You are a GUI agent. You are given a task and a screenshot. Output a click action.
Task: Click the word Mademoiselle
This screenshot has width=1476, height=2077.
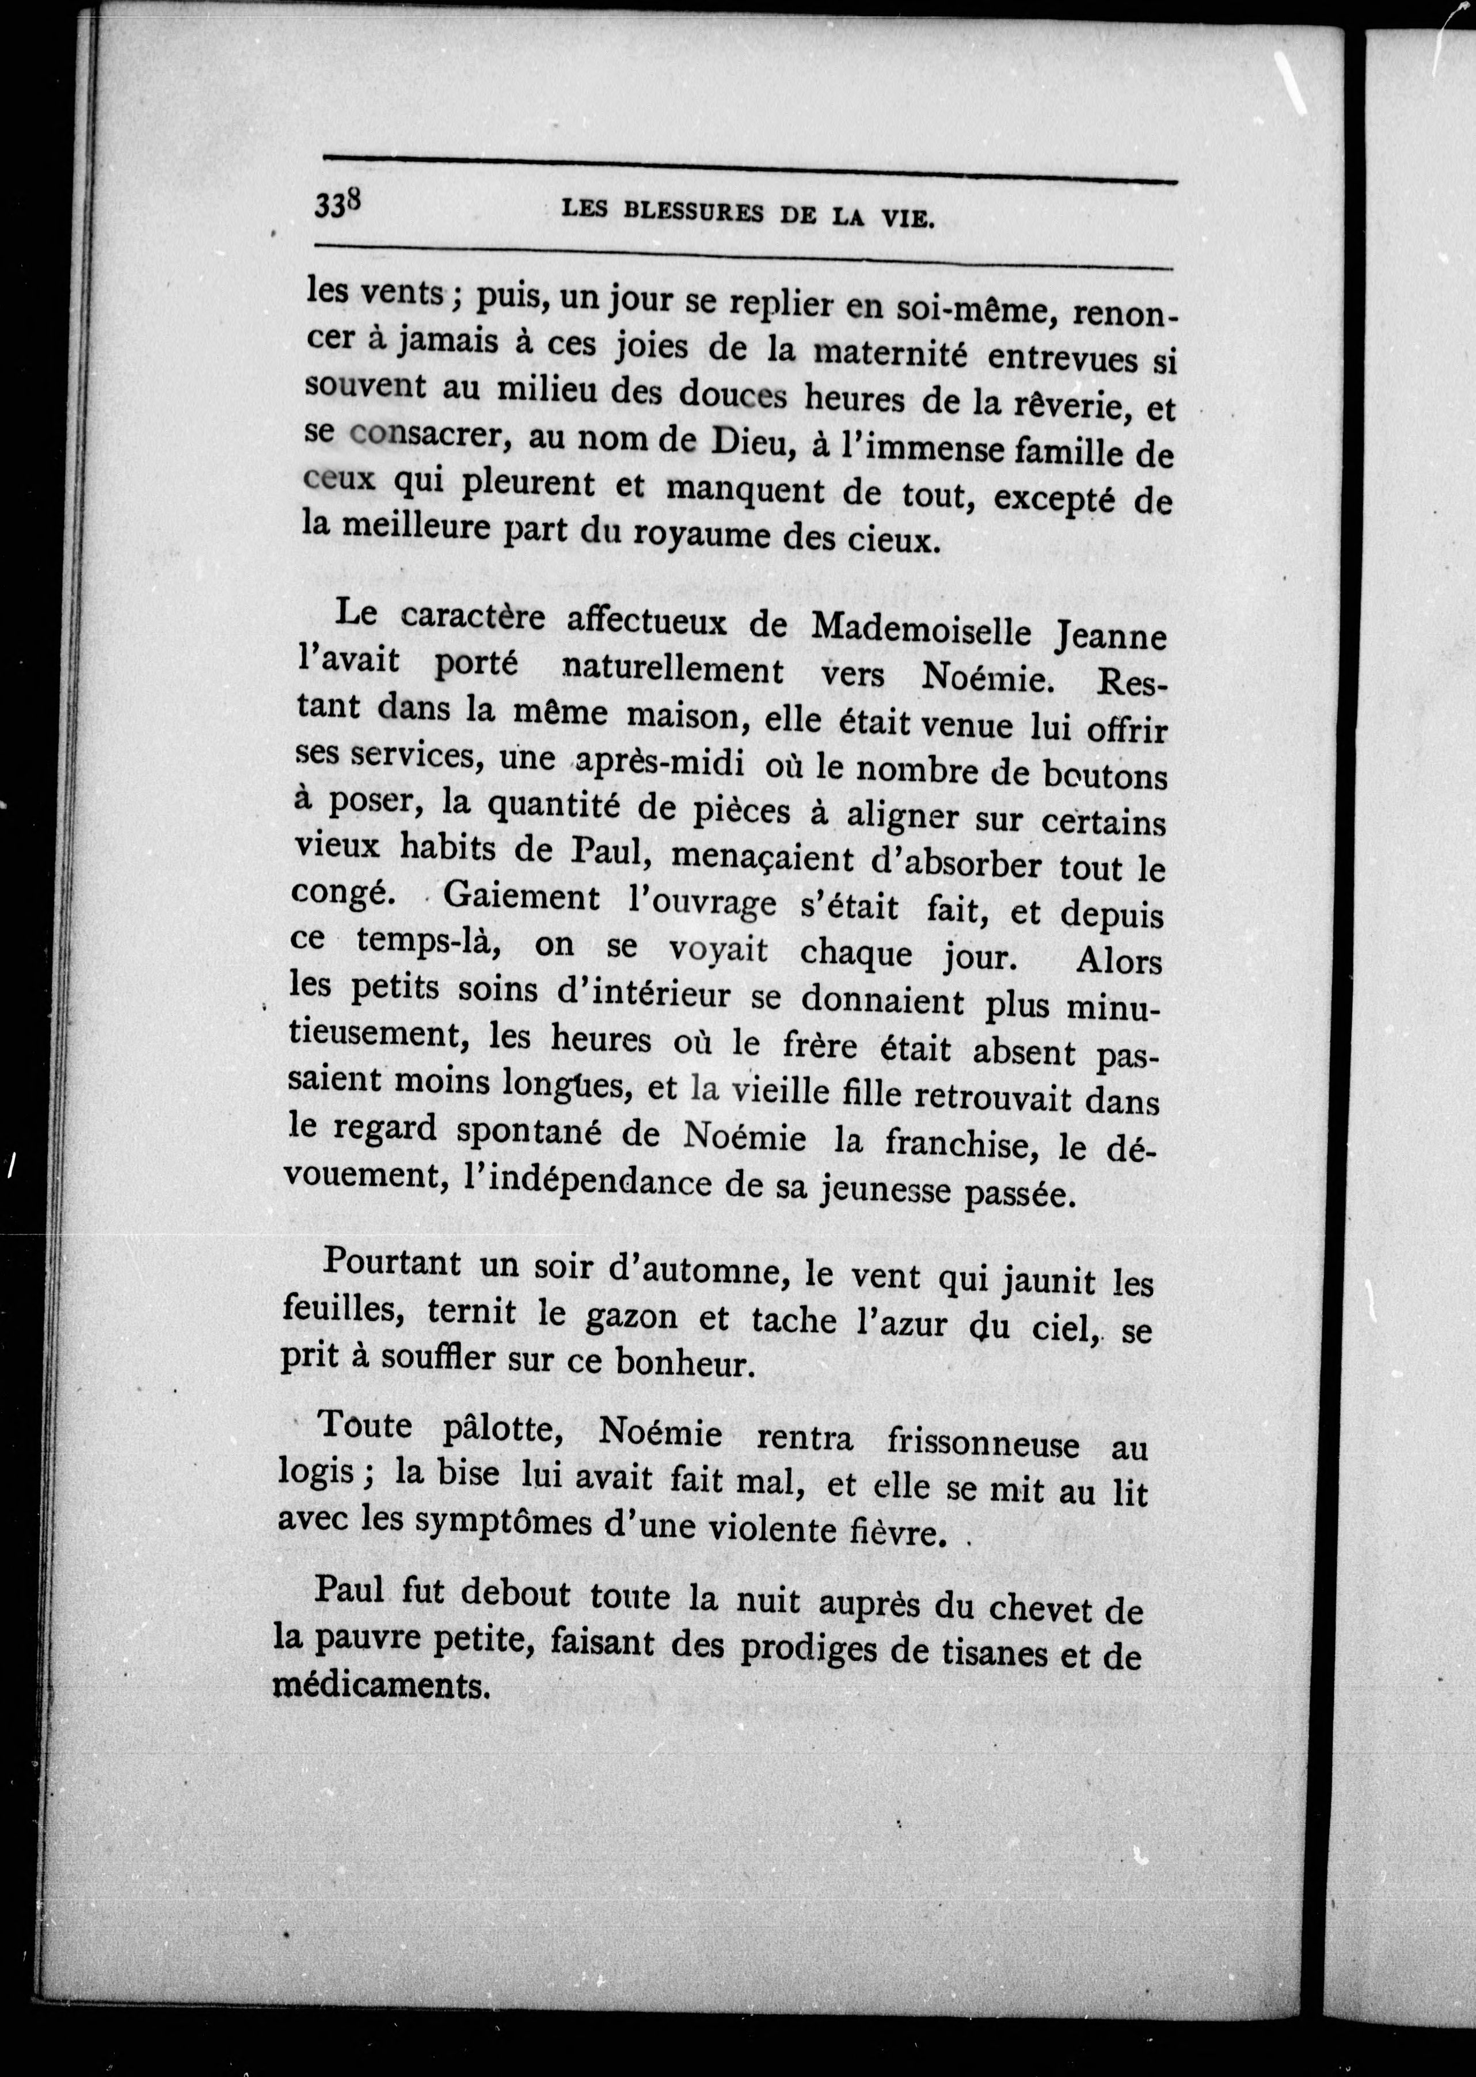click(920, 630)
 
